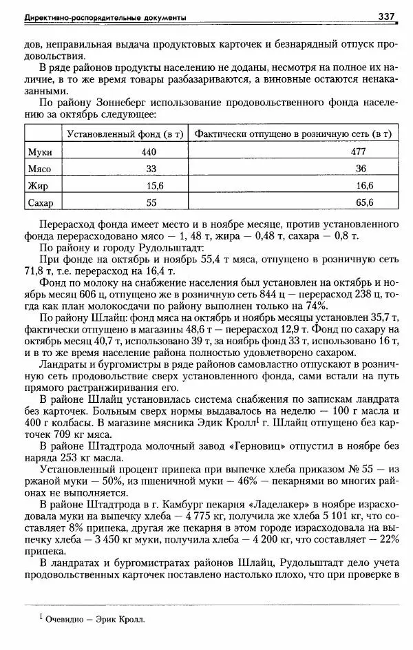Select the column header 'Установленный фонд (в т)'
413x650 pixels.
tap(124, 134)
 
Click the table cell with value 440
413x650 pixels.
tap(150, 151)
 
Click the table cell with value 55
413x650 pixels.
tap(151, 203)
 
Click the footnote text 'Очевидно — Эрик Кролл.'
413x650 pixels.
tap(96, 619)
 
